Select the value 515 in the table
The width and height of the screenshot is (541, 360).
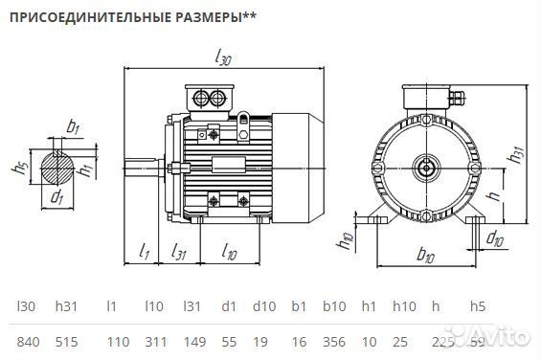click(66, 341)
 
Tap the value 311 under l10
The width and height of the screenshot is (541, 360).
click(154, 341)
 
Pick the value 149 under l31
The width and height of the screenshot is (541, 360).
click(192, 341)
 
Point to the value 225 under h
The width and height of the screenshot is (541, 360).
click(442, 341)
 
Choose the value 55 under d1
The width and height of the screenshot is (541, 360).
click(228, 341)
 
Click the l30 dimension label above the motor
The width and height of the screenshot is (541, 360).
click(222, 59)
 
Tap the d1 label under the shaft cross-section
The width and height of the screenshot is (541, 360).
click(56, 198)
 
